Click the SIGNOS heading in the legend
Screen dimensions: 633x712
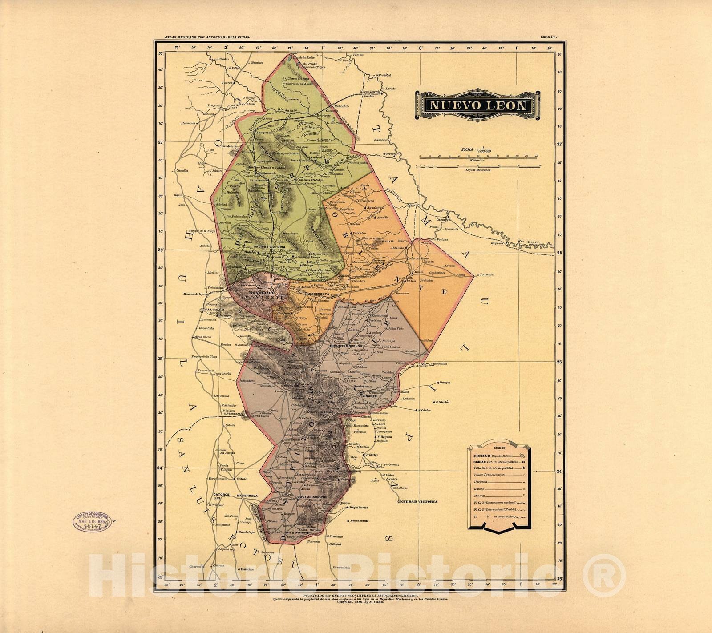pyautogui.click(x=494, y=443)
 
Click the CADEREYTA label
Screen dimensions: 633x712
pyautogui.click(x=312, y=294)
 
